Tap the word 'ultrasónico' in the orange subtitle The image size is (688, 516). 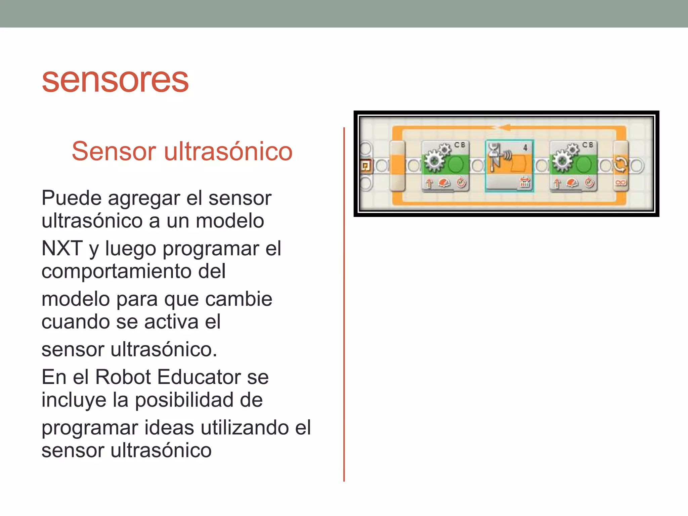pos(228,151)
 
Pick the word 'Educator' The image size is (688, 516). pos(199,377)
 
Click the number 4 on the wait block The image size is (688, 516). pos(525,147)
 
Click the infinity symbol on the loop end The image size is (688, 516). pos(620,183)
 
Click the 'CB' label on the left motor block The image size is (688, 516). pos(460,145)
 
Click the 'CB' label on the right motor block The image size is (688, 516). pos(588,145)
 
